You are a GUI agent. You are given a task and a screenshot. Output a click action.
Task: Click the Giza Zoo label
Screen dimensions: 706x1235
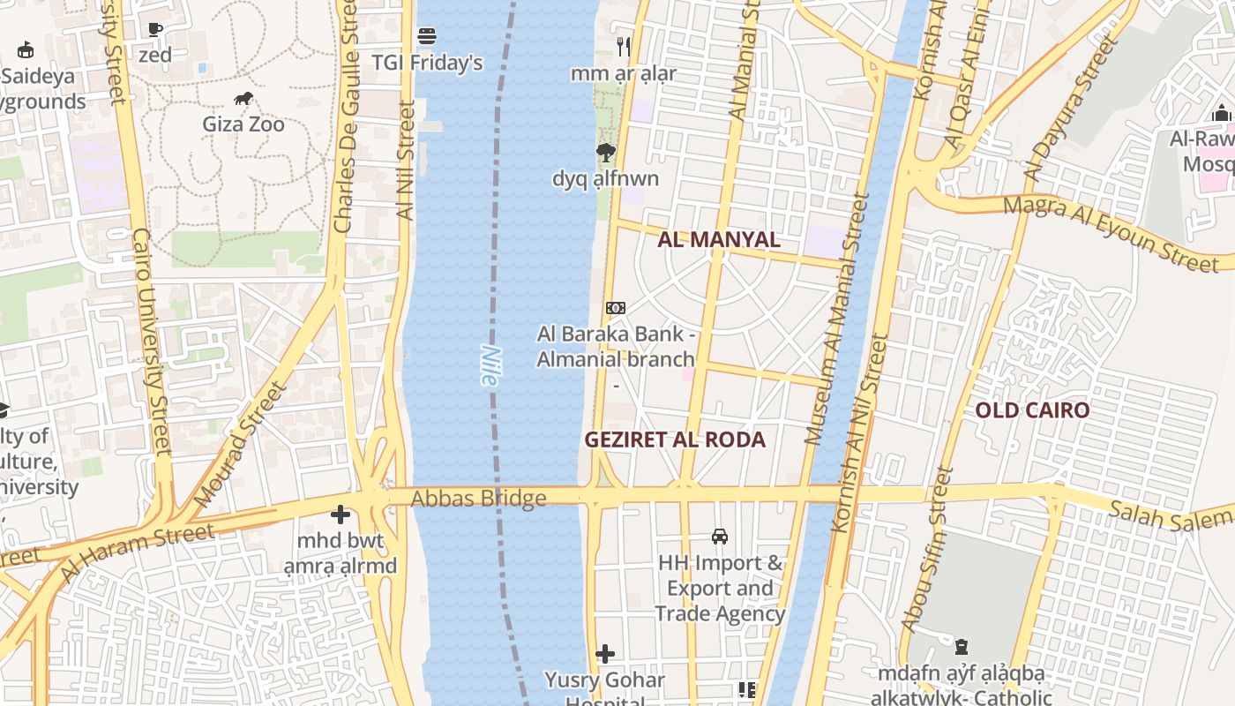[x=243, y=124]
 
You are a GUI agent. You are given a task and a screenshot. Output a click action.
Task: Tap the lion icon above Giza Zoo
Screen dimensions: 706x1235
[x=243, y=98]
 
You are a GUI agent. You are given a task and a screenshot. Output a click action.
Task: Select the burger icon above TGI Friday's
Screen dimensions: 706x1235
[x=427, y=36]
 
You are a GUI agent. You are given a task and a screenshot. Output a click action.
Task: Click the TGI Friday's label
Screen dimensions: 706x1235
[x=427, y=63]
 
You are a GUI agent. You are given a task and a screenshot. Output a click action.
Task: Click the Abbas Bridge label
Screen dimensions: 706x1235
[x=478, y=499]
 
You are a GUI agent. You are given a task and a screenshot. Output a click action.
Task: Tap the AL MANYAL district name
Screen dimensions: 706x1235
[x=719, y=239]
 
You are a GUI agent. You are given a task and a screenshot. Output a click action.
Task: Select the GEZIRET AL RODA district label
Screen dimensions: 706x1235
[x=675, y=439]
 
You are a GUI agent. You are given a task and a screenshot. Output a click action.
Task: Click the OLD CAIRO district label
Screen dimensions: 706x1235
[x=1032, y=409]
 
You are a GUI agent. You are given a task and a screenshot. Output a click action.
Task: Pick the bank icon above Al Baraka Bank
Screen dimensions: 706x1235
[x=616, y=308]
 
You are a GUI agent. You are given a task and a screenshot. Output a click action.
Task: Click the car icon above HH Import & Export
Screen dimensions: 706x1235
[x=720, y=537]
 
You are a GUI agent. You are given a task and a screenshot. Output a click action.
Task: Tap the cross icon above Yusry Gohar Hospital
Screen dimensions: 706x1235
[x=605, y=654]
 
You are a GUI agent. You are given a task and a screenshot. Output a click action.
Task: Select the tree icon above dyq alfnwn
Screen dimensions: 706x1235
[x=605, y=153]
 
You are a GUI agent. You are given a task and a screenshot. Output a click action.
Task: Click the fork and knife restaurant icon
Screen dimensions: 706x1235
[x=624, y=46]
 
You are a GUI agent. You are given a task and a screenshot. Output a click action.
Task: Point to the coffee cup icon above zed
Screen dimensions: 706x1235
[x=155, y=29]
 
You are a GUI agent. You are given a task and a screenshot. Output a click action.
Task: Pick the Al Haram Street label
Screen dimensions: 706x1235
[x=137, y=552]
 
